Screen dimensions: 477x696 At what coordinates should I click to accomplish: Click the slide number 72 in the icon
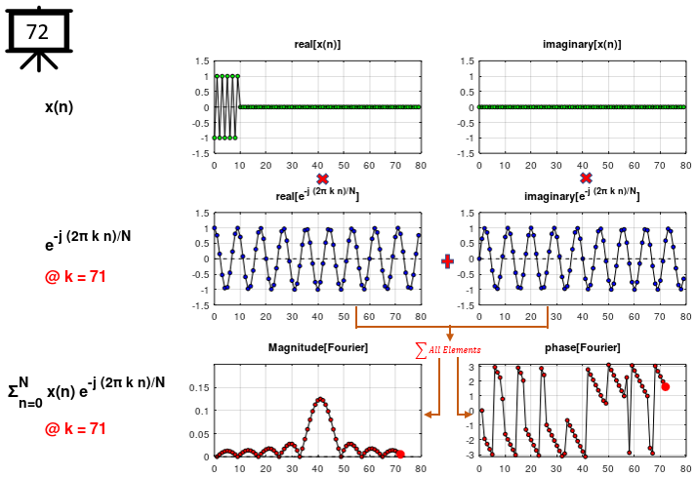click(x=37, y=32)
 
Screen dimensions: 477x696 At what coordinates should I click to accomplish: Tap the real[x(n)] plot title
click(x=317, y=46)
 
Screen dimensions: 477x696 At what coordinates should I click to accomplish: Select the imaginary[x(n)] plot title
click(x=582, y=46)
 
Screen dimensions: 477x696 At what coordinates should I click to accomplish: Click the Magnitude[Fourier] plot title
click(x=317, y=348)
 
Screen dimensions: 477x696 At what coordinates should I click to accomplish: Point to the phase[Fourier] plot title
click(x=583, y=348)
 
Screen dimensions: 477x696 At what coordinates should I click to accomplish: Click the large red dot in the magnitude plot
click(x=400, y=454)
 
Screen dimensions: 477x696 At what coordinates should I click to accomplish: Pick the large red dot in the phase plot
click(x=665, y=386)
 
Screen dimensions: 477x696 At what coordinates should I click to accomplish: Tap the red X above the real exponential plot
click(x=322, y=179)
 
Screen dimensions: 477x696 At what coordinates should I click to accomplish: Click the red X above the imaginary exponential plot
click(x=586, y=179)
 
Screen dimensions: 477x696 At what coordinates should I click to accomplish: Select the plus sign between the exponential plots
click(x=448, y=260)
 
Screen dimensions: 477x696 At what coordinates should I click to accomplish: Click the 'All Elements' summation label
click(x=449, y=349)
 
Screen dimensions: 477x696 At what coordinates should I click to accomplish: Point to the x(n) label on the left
click(x=60, y=106)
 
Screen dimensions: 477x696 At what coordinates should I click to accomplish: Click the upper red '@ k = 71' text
click(x=75, y=276)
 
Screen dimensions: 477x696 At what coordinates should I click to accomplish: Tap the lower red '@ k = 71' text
click(x=75, y=428)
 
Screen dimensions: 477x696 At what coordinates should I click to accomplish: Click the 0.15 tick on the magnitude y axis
click(x=198, y=387)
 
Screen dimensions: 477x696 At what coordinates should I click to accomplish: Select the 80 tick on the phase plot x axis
click(x=683, y=468)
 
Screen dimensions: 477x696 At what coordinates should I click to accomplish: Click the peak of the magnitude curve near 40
click(x=320, y=398)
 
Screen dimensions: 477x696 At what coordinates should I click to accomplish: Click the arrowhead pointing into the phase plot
click(x=469, y=414)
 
